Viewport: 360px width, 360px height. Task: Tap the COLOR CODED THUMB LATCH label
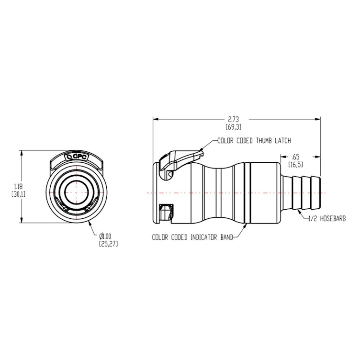pos(254,141)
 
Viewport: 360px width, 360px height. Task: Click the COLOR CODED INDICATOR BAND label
pos(192,237)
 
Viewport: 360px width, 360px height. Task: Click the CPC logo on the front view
pos(77,156)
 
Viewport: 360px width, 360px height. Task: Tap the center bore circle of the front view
pos(77,192)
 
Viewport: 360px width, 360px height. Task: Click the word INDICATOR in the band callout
pos(202,237)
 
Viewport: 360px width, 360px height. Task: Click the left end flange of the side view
pos(156,193)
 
